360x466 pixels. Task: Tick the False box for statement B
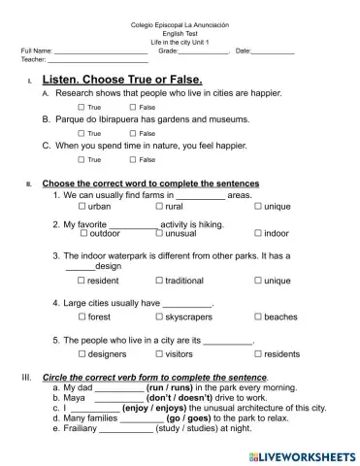[133, 133]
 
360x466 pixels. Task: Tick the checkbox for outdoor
[83, 234]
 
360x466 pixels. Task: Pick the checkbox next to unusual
[160, 234]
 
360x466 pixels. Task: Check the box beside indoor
[258, 234]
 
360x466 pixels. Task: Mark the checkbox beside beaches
[258, 317]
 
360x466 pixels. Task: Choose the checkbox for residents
[258, 354]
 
